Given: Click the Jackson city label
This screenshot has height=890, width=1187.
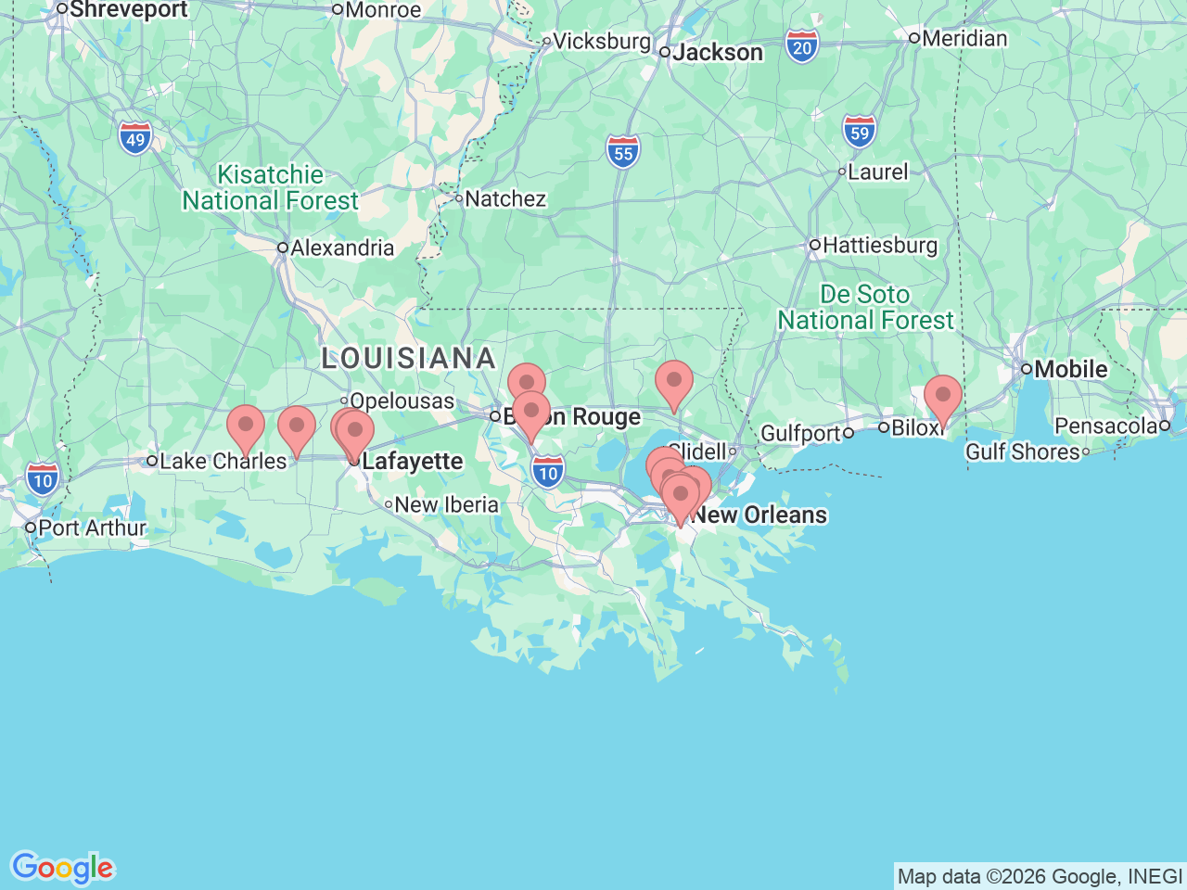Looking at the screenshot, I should (x=717, y=53).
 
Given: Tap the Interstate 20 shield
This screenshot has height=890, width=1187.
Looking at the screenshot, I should (x=802, y=47).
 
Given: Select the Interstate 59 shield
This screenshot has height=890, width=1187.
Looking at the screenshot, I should (x=860, y=133).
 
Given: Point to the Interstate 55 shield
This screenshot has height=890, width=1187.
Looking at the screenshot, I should (x=623, y=153).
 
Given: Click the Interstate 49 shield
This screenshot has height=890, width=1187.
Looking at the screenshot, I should (x=135, y=139).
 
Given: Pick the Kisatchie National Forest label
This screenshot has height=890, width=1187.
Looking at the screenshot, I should (x=270, y=187).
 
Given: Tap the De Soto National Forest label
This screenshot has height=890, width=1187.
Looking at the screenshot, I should (x=865, y=307).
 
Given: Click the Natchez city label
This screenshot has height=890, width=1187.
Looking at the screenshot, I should (x=504, y=198).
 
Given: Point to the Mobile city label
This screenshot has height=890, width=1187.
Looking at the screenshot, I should (x=1070, y=369).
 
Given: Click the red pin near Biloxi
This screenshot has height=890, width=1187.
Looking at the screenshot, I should (x=942, y=397).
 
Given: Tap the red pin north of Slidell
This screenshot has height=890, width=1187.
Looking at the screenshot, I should (x=673, y=382).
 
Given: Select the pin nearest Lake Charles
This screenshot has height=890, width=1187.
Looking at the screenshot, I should (x=246, y=426).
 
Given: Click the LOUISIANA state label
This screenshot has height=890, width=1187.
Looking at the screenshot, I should (x=409, y=358).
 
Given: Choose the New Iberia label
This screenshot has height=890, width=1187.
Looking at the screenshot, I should (x=445, y=505).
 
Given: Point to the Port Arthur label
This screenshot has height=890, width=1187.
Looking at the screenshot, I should (x=91, y=528).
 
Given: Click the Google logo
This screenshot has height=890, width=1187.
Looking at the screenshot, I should (x=62, y=868).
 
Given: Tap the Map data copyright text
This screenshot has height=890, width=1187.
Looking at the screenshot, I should (x=1040, y=876).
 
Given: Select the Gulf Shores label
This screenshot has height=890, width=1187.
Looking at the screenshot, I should (x=1022, y=451).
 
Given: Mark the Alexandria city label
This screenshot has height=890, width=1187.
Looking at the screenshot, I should (x=341, y=248).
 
